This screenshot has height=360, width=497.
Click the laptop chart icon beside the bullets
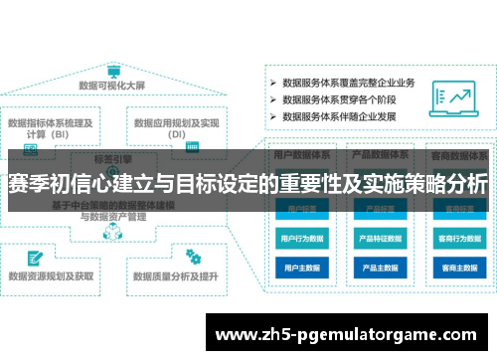452,97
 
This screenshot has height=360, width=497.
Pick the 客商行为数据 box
458,240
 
